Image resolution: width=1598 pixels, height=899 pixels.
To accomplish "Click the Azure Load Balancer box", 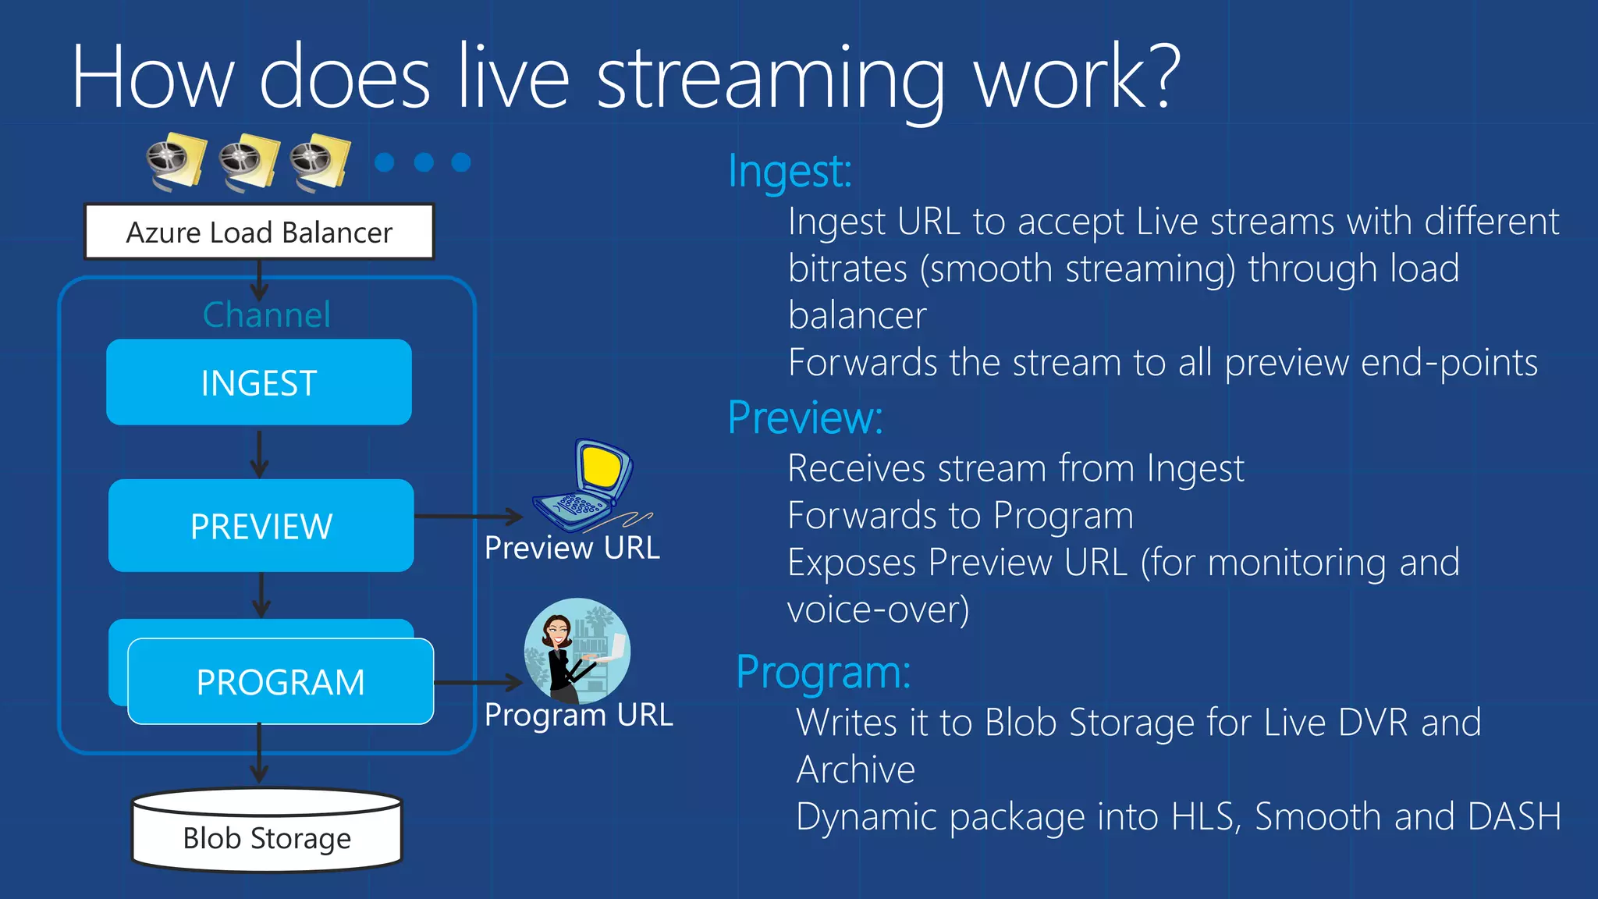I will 259,232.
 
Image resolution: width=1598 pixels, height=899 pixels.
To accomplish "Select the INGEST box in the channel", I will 259,382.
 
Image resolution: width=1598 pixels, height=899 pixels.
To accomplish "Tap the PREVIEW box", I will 261,526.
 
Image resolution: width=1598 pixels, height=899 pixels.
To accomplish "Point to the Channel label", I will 266,314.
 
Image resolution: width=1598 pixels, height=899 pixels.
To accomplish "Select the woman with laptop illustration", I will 577,651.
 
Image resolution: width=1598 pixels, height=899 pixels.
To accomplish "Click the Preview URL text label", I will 572,548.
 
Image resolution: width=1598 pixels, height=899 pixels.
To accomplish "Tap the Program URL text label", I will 578,715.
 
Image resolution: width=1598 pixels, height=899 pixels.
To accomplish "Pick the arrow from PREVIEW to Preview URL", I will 468,516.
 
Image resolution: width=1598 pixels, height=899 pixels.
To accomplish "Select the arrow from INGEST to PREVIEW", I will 260,453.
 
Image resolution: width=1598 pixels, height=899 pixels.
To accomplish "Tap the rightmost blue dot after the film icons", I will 461,162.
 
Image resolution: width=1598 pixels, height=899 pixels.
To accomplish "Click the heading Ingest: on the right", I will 790,171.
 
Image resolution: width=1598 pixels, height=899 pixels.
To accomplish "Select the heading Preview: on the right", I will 805,418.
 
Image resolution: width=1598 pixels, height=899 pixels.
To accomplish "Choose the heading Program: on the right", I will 823,672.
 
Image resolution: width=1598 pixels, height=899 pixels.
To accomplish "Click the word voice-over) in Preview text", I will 878,609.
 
